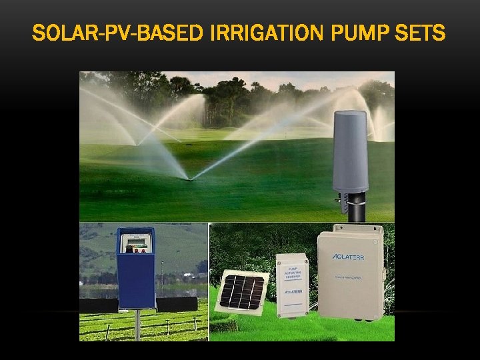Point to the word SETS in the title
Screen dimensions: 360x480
(x=421, y=32)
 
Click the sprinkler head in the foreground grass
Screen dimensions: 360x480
(x=191, y=179)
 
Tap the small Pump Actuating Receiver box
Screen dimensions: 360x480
(x=292, y=283)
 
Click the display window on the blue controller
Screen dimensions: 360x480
(x=136, y=239)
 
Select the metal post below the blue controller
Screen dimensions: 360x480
(x=137, y=323)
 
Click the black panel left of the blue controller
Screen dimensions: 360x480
(x=98, y=305)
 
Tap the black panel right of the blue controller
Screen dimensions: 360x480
(x=177, y=305)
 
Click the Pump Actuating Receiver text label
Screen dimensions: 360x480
(x=292, y=270)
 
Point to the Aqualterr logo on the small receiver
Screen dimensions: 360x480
(x=292, y=292)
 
